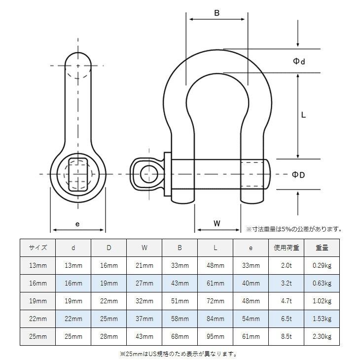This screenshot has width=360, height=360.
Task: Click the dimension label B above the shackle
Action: click(x=216, y=13)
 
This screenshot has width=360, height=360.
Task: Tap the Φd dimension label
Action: click(x=299, y=61)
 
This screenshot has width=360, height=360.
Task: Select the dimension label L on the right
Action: click(x=304, y=115)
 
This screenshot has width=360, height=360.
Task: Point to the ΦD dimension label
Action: click(x=298, y=175)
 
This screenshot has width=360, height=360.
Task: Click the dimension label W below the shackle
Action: click(x=217, y=223)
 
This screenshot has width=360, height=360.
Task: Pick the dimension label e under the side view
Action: click(x=77, y=223)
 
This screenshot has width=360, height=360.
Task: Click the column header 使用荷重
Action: click(x=287, y=248)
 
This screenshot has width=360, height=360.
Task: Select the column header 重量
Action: click(x=322, y=248)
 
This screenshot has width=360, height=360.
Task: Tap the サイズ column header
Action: click(x=38, y=248)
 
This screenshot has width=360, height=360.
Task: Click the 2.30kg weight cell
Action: click(x=322, y=336)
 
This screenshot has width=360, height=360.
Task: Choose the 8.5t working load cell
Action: click(x=287, y=336)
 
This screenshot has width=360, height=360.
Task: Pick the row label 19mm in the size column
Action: click(x=38, y=301)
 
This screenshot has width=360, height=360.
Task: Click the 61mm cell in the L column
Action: click(x=215, y=283)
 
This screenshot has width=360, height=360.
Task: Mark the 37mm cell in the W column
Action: click(x=144, y=319)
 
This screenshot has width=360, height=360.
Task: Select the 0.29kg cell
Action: click(x=322, y=265)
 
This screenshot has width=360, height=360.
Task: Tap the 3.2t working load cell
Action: click(x=287, y=283)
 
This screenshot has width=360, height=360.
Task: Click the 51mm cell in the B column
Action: click(x=180, y=301)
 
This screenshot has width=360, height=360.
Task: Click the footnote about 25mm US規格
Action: click(x=179, y=354)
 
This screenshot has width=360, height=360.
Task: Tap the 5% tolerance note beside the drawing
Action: click(x=294, y=229)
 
